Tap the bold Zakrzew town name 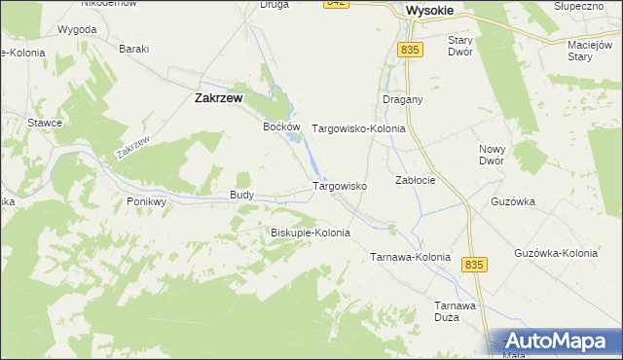click(x=218, y=97)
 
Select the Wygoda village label click(x=77, y=29)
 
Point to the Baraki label click(x=133, y=49)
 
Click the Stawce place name click(x=45, y=123)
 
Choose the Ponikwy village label click(x=147, y=201)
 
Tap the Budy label click(x=242, y=195)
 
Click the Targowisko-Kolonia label click(x=357, y=128)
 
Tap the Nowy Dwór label click(x=492, y=155)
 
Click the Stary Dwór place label click(x=459, y=47)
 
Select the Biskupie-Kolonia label click(x=310, y=234)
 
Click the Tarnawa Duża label click(x=455, y=311)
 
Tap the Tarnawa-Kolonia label click(x=410, y=258)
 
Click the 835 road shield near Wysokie click(x=409, y=49)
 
